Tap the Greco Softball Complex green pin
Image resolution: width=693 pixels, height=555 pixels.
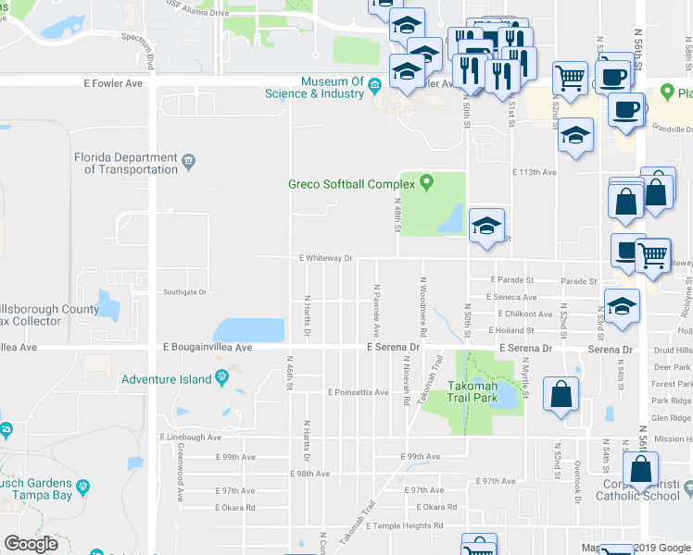[x=426, y=182]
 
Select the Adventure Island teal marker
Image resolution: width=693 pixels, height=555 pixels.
[x=221, y=377]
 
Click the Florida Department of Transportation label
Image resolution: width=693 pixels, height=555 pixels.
[x=126, y=164]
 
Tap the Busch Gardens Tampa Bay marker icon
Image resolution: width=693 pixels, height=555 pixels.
[x=83, y=486]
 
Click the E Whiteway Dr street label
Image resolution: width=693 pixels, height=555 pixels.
[x=325, y=259]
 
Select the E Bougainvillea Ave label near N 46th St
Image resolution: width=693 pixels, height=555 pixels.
[x=208, y=348]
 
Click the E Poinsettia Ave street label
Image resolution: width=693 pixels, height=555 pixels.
[x=358, y=392]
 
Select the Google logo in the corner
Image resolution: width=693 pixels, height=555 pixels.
[x=31, y=544]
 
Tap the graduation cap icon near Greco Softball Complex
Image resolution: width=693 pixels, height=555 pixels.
[x=486, y=227]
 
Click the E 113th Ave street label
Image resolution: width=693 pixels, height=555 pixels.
[x=535, y=172]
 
